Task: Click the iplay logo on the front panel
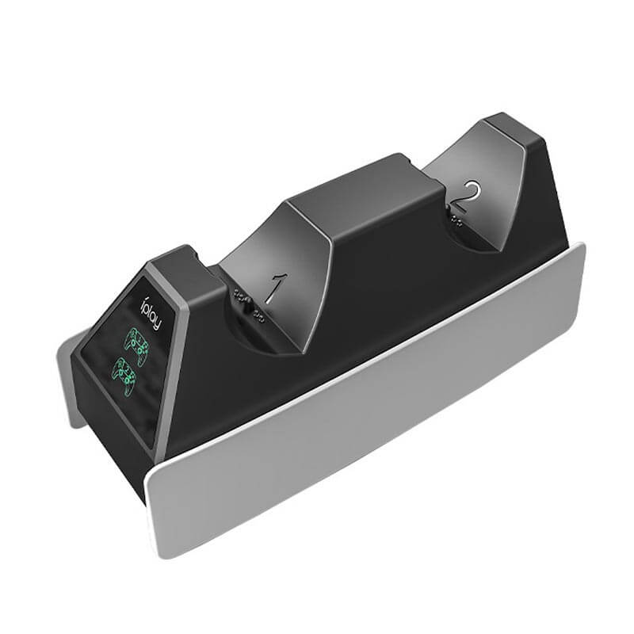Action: click(151, 314)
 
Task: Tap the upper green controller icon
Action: click(137, 346)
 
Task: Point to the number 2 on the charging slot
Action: click(465, 197)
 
